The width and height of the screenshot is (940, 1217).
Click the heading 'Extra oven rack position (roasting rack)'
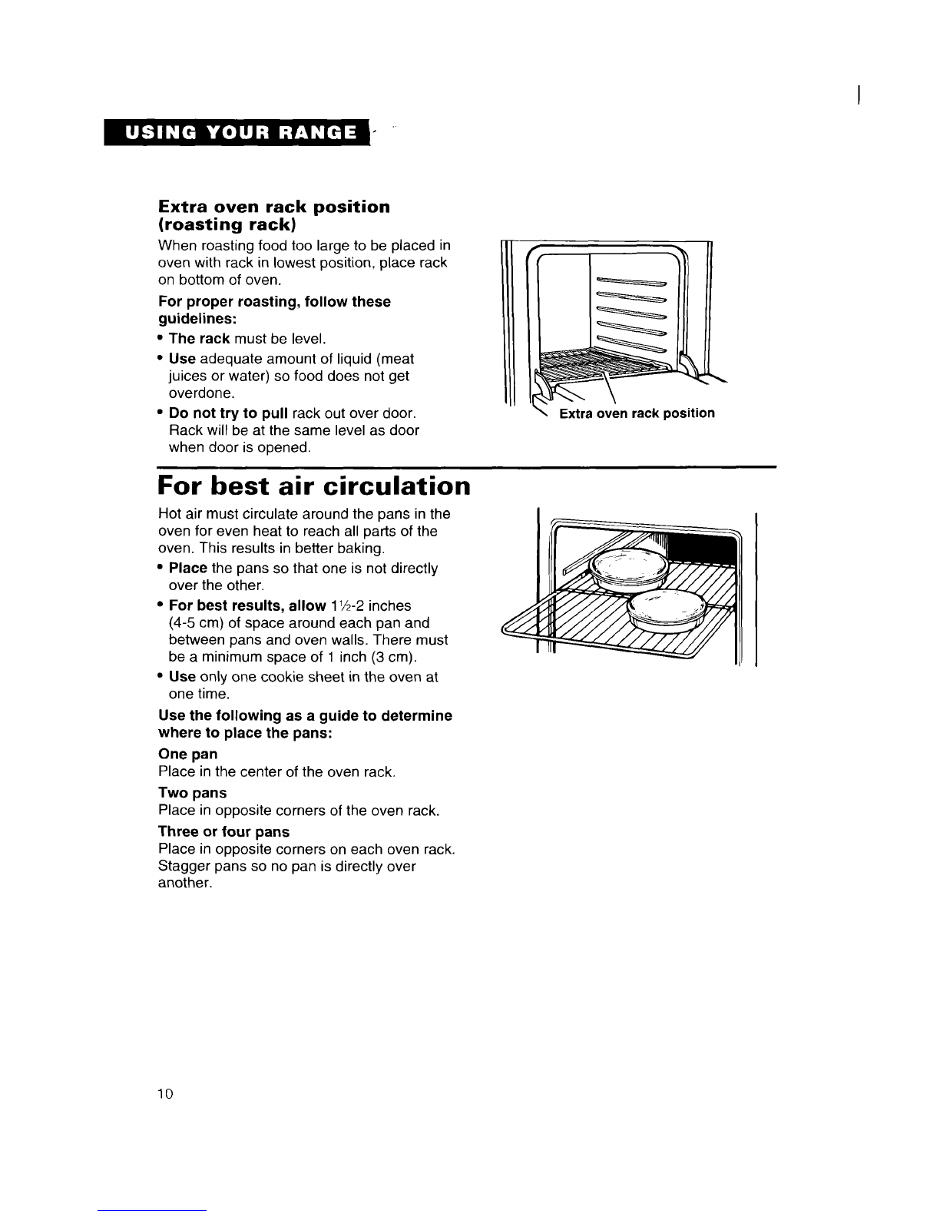273,215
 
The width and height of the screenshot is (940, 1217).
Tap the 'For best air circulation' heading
313,486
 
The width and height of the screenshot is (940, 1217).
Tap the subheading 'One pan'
187,754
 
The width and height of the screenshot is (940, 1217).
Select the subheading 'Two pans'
192,792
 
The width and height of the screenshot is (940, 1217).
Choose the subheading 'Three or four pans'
223,831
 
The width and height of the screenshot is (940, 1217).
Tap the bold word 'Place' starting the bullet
187,569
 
